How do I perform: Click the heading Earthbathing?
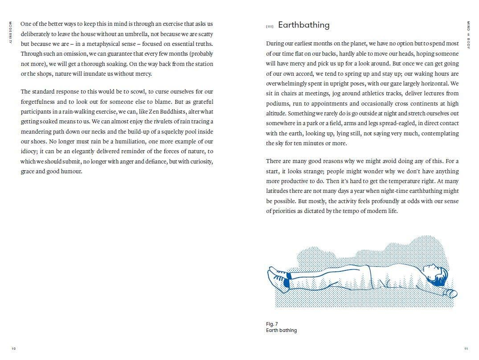pos(303,25)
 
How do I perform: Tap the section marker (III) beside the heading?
pos(269,27)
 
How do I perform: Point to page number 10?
pos(13,348)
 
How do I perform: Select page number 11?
pos(466,348)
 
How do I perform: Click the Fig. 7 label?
pos(272,324)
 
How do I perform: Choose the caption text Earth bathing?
pos(281,330)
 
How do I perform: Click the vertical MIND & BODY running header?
pos(468,34)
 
